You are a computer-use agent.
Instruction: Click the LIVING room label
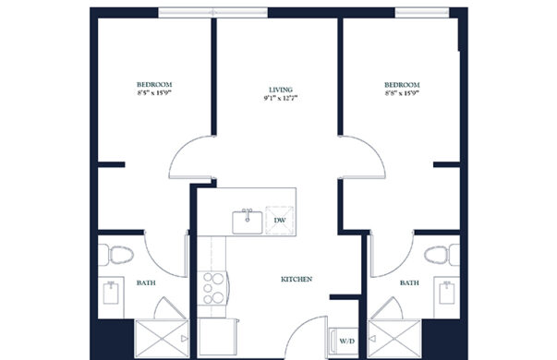click(281, 90)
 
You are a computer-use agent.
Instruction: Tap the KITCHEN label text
click(297, 280)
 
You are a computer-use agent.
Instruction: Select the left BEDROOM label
click(154, 85)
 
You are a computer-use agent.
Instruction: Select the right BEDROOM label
click(402, 85)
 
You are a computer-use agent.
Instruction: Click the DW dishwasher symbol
click(280, 221)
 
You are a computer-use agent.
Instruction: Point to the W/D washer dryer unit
click(343, 342)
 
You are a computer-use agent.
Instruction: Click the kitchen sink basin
click(248, 222)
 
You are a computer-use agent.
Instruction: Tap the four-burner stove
click(212, 288)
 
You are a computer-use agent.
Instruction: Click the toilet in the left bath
click(115, 255)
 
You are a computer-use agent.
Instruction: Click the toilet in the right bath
click(442, 255)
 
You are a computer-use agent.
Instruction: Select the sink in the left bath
click(111, 293)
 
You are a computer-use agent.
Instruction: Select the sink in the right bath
click(446, 293)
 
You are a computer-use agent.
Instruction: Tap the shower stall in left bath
click(162, 339)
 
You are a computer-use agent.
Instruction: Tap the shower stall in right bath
click(394, 339)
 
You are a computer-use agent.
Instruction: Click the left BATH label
click(146, 283)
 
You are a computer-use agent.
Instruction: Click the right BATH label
click(409, 283)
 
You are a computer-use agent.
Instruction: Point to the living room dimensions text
click(280, 99)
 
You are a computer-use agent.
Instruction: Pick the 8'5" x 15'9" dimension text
click(154, 93)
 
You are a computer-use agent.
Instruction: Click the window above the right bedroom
click(422, 13)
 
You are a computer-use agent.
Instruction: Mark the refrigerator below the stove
click(217, 337)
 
